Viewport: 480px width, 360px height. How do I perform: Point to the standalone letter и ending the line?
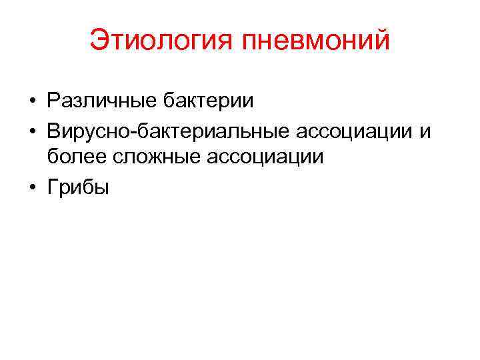(x=425, y=131)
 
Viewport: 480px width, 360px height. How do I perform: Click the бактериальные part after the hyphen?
(x=206, y=130)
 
